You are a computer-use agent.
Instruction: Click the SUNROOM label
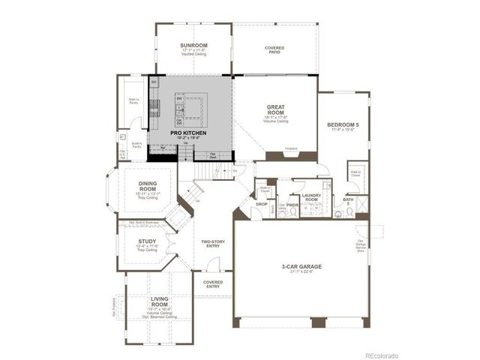tap(193, 46)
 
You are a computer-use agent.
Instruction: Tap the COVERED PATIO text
tap(274, 50)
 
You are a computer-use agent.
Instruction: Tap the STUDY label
tap(145, 241)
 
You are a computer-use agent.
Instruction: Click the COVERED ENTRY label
tap(213, 284)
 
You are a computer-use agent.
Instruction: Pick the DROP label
tap(262, 203)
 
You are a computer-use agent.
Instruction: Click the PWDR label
tap(292, 203)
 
